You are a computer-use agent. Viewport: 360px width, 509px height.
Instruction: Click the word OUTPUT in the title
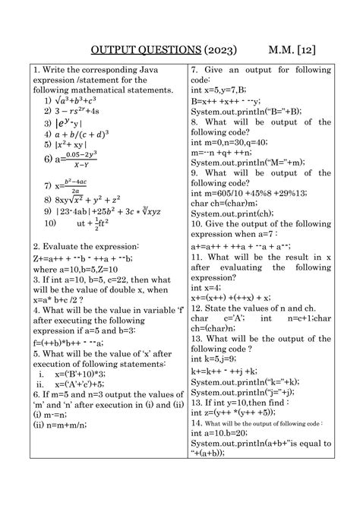pyautogui.click(x=115, y=50)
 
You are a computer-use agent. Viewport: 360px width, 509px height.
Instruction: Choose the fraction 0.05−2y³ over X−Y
pyautogui.click(x=81, y=158)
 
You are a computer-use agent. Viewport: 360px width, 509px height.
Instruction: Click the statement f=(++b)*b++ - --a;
pyautogui.click(x=75, y=343)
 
